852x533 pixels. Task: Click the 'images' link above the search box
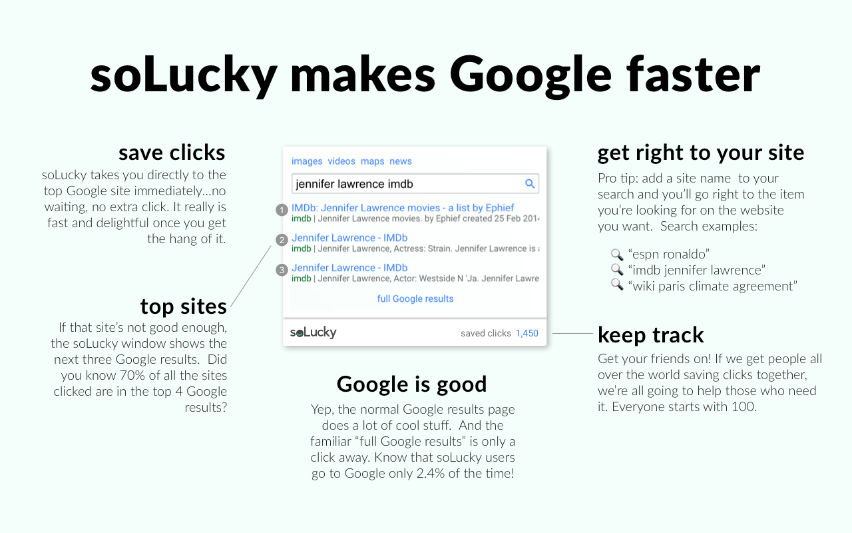pyautogui.click(x=307, y=161)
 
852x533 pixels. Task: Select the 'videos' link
pyautogui.click(x=341, y=161)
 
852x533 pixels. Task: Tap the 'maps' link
pyautogui.click(x=373, y=161)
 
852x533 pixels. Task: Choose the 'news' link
pyautogui.click(x=401, y=161)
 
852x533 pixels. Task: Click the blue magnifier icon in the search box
pyautogui.click(x=530, y=184)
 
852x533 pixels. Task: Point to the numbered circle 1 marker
pyautogui.click(x=282, y=210)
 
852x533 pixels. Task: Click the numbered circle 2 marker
pyautogui.click(x=282, y=240)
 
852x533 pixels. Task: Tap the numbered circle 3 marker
pyautogui.click(x=282, y=270)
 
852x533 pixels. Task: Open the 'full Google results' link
pyautogui.click(x=415, y=298)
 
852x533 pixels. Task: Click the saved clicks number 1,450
pyautogui.click(x=527, y=333)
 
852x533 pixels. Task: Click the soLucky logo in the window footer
pyautogui.click(x=313, y=332)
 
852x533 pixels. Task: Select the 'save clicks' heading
pyautogui.click(x=172, y=153)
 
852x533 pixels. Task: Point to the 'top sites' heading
pyautogui.click(x=183, y=306)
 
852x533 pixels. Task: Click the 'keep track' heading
pyautogui.click(x=651, y=334)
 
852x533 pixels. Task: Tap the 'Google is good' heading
pyautogui.click(x=411, y=384)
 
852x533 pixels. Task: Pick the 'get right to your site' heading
pyautogui.click(x=701, y=153)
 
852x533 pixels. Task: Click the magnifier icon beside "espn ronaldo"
pyautogui.click(x=616, y=255)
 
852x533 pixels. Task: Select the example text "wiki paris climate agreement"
pyautogui.click(x=712, y=286)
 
